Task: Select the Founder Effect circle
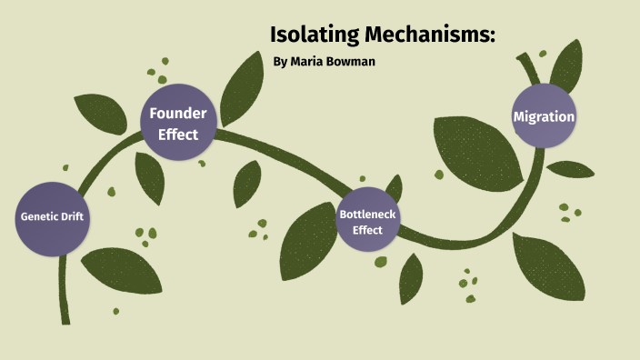[178, 123]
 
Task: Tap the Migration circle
[544, 116]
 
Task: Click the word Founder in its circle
[178, 114]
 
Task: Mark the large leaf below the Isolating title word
[244, 87]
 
